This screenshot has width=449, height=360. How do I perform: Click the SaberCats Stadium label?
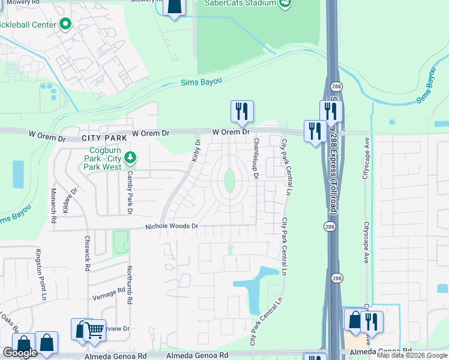click(240, 3)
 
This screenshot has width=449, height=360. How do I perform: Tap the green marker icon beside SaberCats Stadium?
click(286, 3)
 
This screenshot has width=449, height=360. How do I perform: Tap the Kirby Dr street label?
click(195, 150)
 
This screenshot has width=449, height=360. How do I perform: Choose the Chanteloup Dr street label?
click(256, 158)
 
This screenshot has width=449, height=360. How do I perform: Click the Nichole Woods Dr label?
click(171, 227)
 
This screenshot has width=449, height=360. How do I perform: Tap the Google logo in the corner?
click(20, 353)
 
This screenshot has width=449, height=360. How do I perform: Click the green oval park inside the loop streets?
click(229, 180)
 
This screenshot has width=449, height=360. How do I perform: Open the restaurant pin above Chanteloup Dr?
click(242, 111)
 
